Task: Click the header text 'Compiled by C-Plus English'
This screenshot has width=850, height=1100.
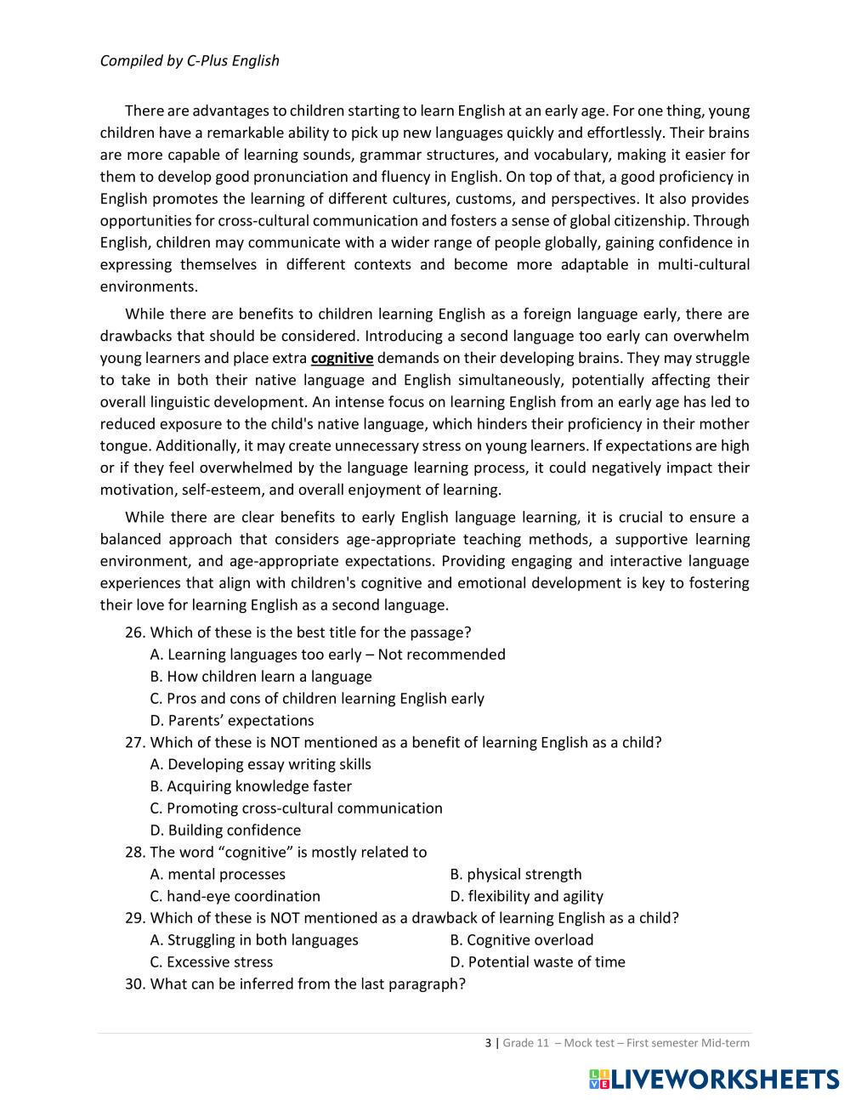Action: coord(190,60)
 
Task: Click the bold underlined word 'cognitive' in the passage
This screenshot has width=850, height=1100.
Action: coord(342,358)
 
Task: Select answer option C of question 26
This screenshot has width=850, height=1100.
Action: coord(316,698)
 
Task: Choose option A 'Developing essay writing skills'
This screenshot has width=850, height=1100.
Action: coord(260,764)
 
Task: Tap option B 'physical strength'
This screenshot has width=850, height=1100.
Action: coord(515,874)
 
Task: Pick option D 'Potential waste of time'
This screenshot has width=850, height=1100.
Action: coord(537,961)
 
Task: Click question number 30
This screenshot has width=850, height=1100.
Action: coord(135,984)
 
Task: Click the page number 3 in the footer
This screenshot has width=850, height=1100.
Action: coord(488,1043)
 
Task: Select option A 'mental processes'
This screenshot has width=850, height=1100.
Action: coord(218,874)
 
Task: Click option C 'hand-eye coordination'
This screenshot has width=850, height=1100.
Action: coord(235,896)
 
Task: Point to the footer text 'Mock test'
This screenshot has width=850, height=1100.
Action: coord(590,1043)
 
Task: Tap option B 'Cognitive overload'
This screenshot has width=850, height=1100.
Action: coord(521,939)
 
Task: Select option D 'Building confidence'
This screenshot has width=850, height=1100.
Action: coord(225,830)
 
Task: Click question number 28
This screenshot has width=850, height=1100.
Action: coord(135,852)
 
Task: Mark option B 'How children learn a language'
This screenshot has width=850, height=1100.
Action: coord(260,676)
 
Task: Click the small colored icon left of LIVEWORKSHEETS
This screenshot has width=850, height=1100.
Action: coord(599,1079)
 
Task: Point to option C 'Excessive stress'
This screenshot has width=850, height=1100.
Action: coord(211,961)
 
